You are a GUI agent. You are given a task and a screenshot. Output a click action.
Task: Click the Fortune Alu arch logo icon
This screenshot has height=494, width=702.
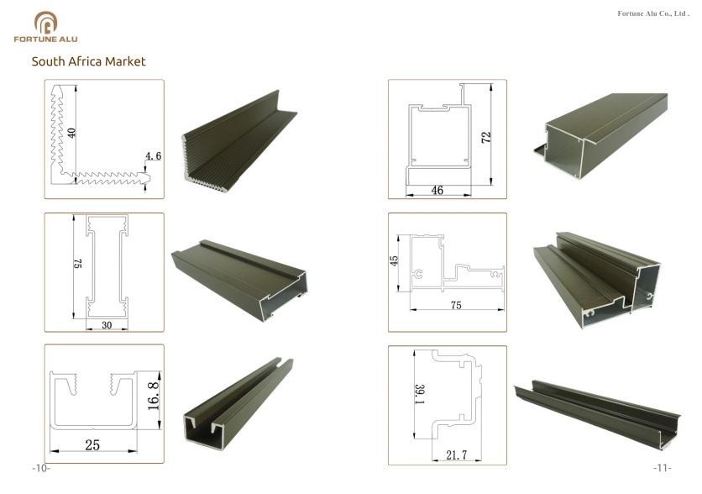coord(45,23)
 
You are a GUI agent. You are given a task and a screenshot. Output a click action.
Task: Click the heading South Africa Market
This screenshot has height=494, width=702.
coord(89,61)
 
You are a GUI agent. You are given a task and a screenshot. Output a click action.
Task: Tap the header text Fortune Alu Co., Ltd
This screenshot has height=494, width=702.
coord(653,13)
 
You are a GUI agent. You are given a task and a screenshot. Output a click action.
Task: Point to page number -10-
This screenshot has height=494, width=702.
coord(41,469)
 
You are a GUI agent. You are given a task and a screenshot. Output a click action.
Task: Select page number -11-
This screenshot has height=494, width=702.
coord(663,469)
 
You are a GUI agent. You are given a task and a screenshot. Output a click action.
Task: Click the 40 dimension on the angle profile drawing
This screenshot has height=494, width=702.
coord(71,133)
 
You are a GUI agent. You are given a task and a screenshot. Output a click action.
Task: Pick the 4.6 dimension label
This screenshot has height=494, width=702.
coord(153,156)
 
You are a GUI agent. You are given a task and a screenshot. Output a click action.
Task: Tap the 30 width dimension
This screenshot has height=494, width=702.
coord(107,325)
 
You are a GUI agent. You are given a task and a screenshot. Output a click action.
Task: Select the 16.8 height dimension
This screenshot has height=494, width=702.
coord(153,396)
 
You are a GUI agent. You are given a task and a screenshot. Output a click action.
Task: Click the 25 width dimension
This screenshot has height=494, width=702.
coord(92,444)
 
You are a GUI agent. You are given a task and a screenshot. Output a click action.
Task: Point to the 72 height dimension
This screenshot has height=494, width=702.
coord(486,137)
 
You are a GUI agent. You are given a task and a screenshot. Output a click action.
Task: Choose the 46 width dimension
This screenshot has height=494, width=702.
coord(437,191)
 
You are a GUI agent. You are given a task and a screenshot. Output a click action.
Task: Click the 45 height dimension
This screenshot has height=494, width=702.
coord(394,260)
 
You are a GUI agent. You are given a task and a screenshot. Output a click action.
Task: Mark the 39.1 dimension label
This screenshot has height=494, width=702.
coord(420,394)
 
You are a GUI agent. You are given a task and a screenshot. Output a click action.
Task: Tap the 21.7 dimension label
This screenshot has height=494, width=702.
coord(456,455)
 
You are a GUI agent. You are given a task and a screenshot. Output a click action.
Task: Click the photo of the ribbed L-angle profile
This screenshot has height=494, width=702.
coord(239,142)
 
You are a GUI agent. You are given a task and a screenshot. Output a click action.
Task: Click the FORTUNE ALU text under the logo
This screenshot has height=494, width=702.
coord(45,39)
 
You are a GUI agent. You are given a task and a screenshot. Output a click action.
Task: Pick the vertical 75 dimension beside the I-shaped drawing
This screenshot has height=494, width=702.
coord(77,263)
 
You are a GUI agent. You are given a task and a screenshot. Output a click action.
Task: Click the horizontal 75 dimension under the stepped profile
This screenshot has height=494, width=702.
coord(456,306)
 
